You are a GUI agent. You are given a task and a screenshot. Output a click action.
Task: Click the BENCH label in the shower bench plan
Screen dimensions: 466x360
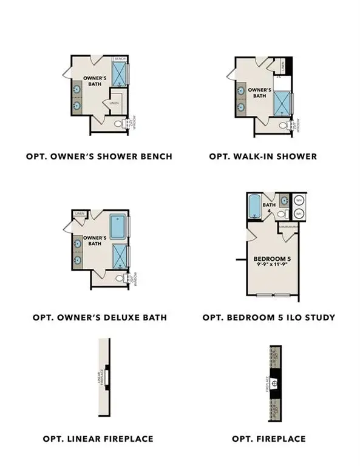pyautogui.click(x=121, y=59)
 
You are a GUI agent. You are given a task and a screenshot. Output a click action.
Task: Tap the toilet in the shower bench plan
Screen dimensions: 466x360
pyautogui.click(x=119, y=124)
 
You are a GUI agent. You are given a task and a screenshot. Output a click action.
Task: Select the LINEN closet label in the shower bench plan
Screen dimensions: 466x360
pyautogui.click(x=114, y=103)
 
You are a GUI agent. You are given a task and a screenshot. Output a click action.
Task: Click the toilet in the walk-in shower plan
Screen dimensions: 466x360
pyautogui.click(x=283, y=126)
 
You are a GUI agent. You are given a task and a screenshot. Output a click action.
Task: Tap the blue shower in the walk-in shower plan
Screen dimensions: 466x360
pyautogui.click(x=283, y=103)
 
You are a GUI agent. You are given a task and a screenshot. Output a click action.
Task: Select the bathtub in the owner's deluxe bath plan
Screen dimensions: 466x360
pyautogui.click(x=119, y=226)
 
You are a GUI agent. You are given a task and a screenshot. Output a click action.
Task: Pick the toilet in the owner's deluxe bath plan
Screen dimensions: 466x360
pyautogui.click(x=119, y=279)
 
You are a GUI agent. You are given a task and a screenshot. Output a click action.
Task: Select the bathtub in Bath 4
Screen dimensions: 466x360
pyautogui.click(x=254, y=206)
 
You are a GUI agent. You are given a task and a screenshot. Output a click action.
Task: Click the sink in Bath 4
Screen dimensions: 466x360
pyautogui.click(x=284, y=200)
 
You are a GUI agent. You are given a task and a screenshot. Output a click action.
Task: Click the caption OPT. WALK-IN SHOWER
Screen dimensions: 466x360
pyautogui.click(x=263, y=157)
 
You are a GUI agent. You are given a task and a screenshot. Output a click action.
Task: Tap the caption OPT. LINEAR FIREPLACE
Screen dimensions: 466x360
pyautogui.click(x=98, y=438)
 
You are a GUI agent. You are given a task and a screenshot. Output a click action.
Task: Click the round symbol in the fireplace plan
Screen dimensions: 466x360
pyautogui.click(x=274, y=383)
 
